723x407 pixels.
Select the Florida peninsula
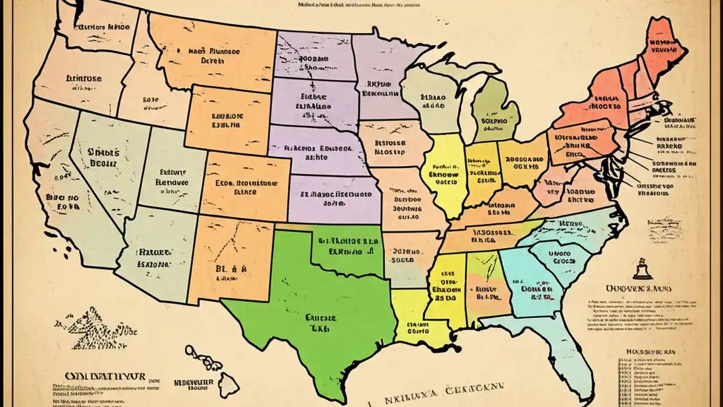click(x=570, y=356)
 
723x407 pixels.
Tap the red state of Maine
click(x=664, y=48)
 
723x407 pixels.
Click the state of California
click(x=62, y=187)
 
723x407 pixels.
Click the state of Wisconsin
click(x=432, y=99)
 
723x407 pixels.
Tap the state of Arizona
click(x=153, y=254)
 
